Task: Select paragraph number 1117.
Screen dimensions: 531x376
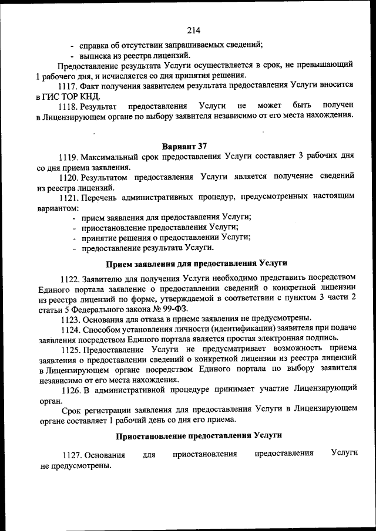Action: (69, 85)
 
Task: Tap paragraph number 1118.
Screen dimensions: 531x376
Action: (69, 106)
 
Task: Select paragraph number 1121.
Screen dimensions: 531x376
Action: (69, 197)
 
